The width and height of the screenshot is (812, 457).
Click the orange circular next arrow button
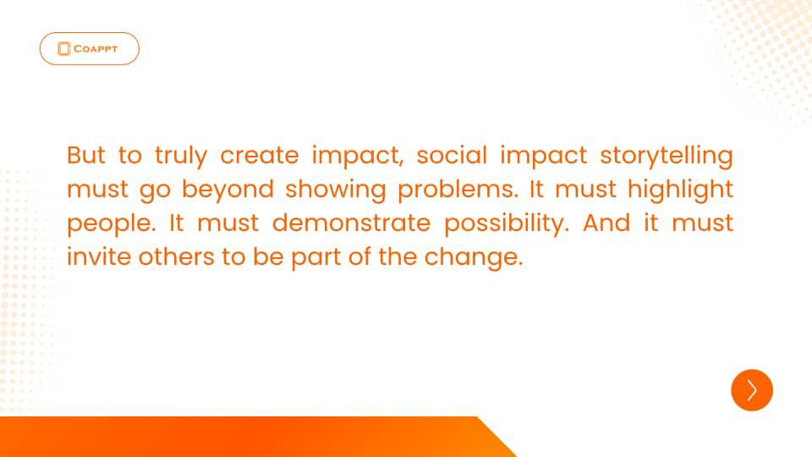(x=751, y=390)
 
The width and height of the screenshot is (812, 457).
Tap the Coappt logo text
(x=96, y=49)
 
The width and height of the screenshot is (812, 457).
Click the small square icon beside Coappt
(x=63, y=49)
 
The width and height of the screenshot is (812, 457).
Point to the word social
(x=452, y=155)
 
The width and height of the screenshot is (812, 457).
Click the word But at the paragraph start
(x=86, y=155)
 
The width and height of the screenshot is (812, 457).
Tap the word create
(x=260, y=156)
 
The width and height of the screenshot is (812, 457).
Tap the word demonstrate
(x=351, y=223)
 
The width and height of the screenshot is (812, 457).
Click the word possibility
(x=507, y=223)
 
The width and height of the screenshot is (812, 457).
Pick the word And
(x=606, y=223)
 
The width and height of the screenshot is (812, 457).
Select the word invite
(x=99, y=256)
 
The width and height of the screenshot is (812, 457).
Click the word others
(x=176, y=256)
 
